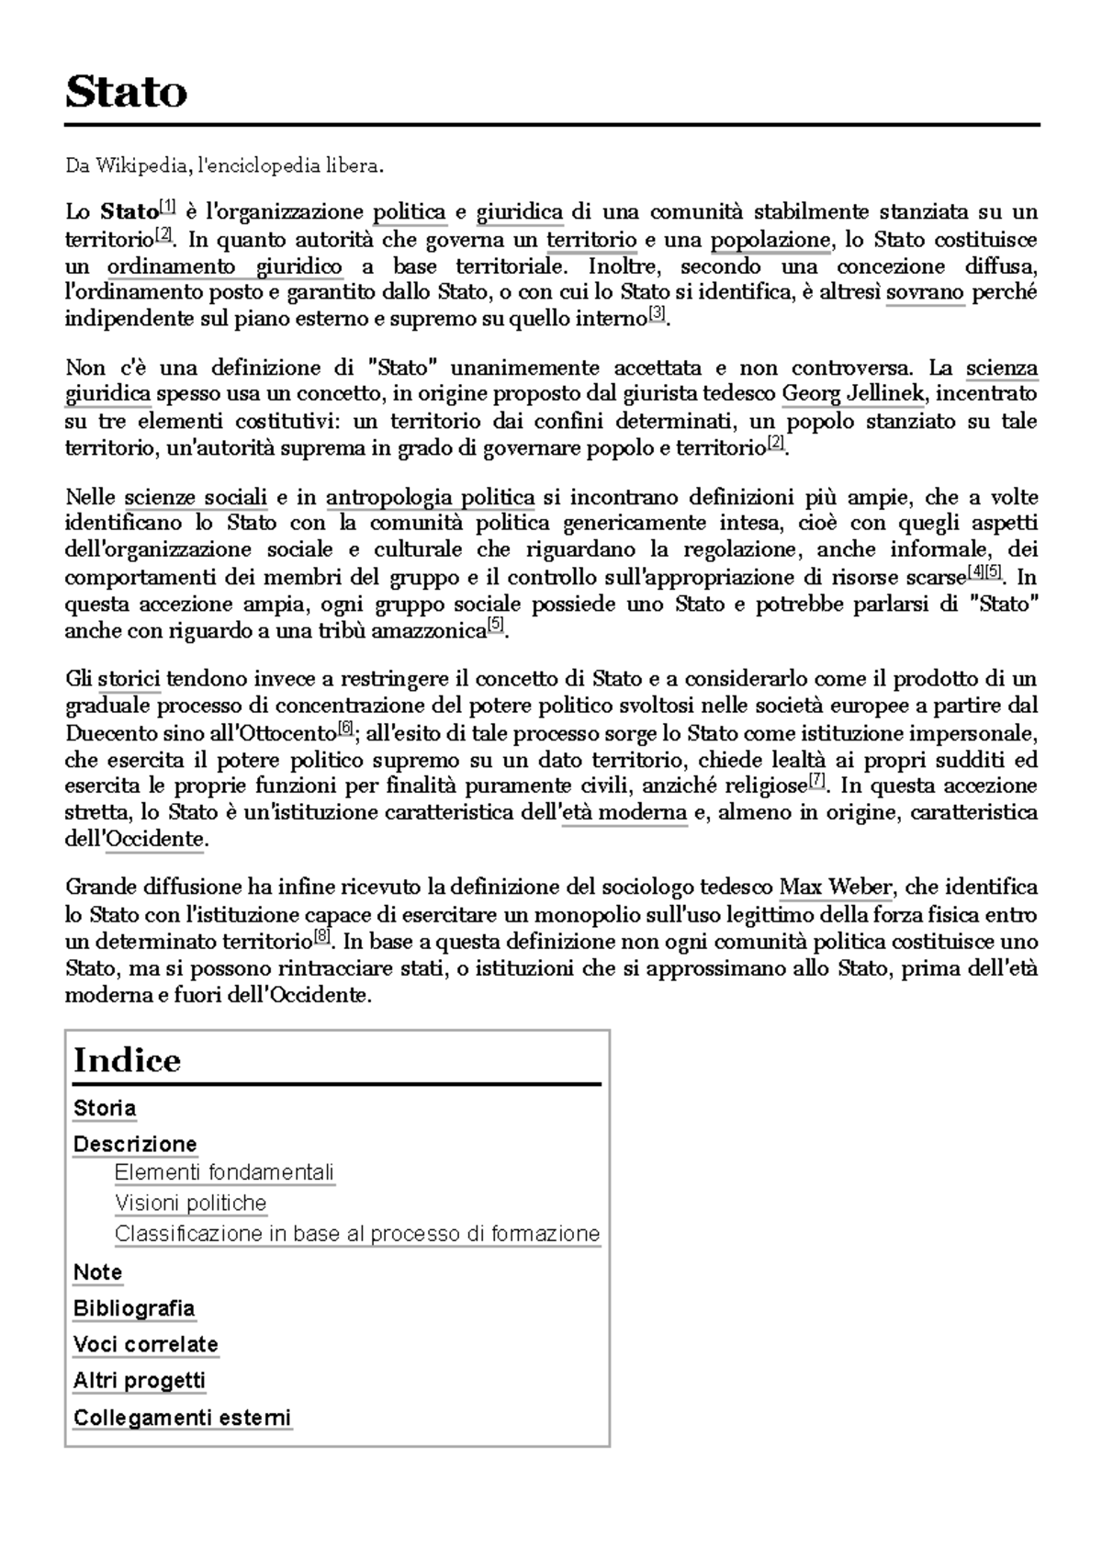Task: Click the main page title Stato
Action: click(x=126, y=92)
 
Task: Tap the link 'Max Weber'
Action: click(x=835, y=887)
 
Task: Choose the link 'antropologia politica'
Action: click(x=430, y=498)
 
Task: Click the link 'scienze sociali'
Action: click(x=196, y=498)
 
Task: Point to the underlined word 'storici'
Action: click(x=129, y=680)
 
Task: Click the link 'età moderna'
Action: click(x=624, y=813)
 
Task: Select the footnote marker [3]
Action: click(x=656, y=315)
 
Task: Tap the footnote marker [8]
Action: click(x=321, y=937)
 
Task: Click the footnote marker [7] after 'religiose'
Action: click(x=816, y=782)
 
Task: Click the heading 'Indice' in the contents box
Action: click(x=127, y=1060)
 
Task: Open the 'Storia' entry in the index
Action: click(x=105, y=1108)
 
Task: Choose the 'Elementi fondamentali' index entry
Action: click(x=224, y=1172)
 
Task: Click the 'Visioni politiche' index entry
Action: click(x=190, y=1203)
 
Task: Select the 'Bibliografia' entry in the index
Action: click(x=134, y=1308)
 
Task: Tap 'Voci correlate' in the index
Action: click(x=145, y=1344)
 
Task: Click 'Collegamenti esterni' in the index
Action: click(x=182, y=1417)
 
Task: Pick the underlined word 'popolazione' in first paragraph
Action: click(x=770, y=241)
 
